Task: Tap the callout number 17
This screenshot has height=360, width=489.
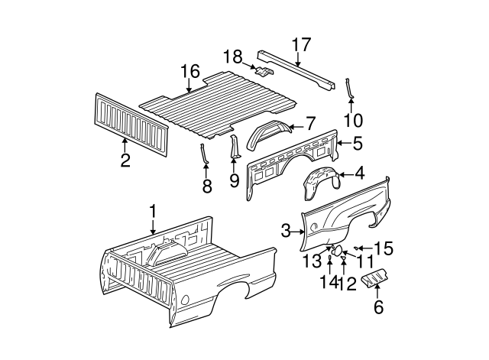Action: (x=301, y=44)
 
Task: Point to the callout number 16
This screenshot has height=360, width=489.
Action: (x=189, y=73)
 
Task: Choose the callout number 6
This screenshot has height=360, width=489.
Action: (x=377, y=309)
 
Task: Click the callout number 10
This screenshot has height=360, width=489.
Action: (x=353, y=120)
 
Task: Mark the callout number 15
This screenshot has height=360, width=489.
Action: (x=384, y=248)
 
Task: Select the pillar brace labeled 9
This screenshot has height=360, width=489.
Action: (x=235, y=148)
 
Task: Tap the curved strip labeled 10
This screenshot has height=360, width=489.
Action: (x=349, y=87)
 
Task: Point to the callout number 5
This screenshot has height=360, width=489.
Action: (x=358, y=142)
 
